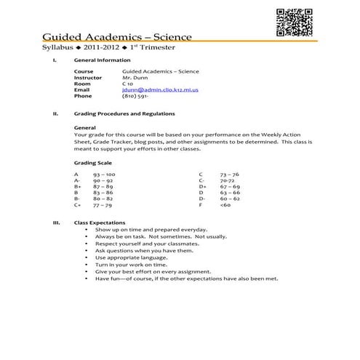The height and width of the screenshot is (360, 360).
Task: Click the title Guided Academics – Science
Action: [x=116, y=36]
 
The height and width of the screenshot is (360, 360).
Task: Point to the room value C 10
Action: [x=128, y=84]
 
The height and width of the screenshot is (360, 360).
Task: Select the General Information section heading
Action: [x=103, y=60]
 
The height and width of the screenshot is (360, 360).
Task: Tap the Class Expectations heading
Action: [x=101, y=223]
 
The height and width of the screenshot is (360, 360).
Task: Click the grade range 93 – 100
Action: [x=103, y=175]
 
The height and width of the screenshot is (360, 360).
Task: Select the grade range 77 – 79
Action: [x=102, y=205]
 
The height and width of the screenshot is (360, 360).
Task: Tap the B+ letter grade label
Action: [x=78, y=186]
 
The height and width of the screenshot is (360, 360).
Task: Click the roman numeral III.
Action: [x=56, y=223]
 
